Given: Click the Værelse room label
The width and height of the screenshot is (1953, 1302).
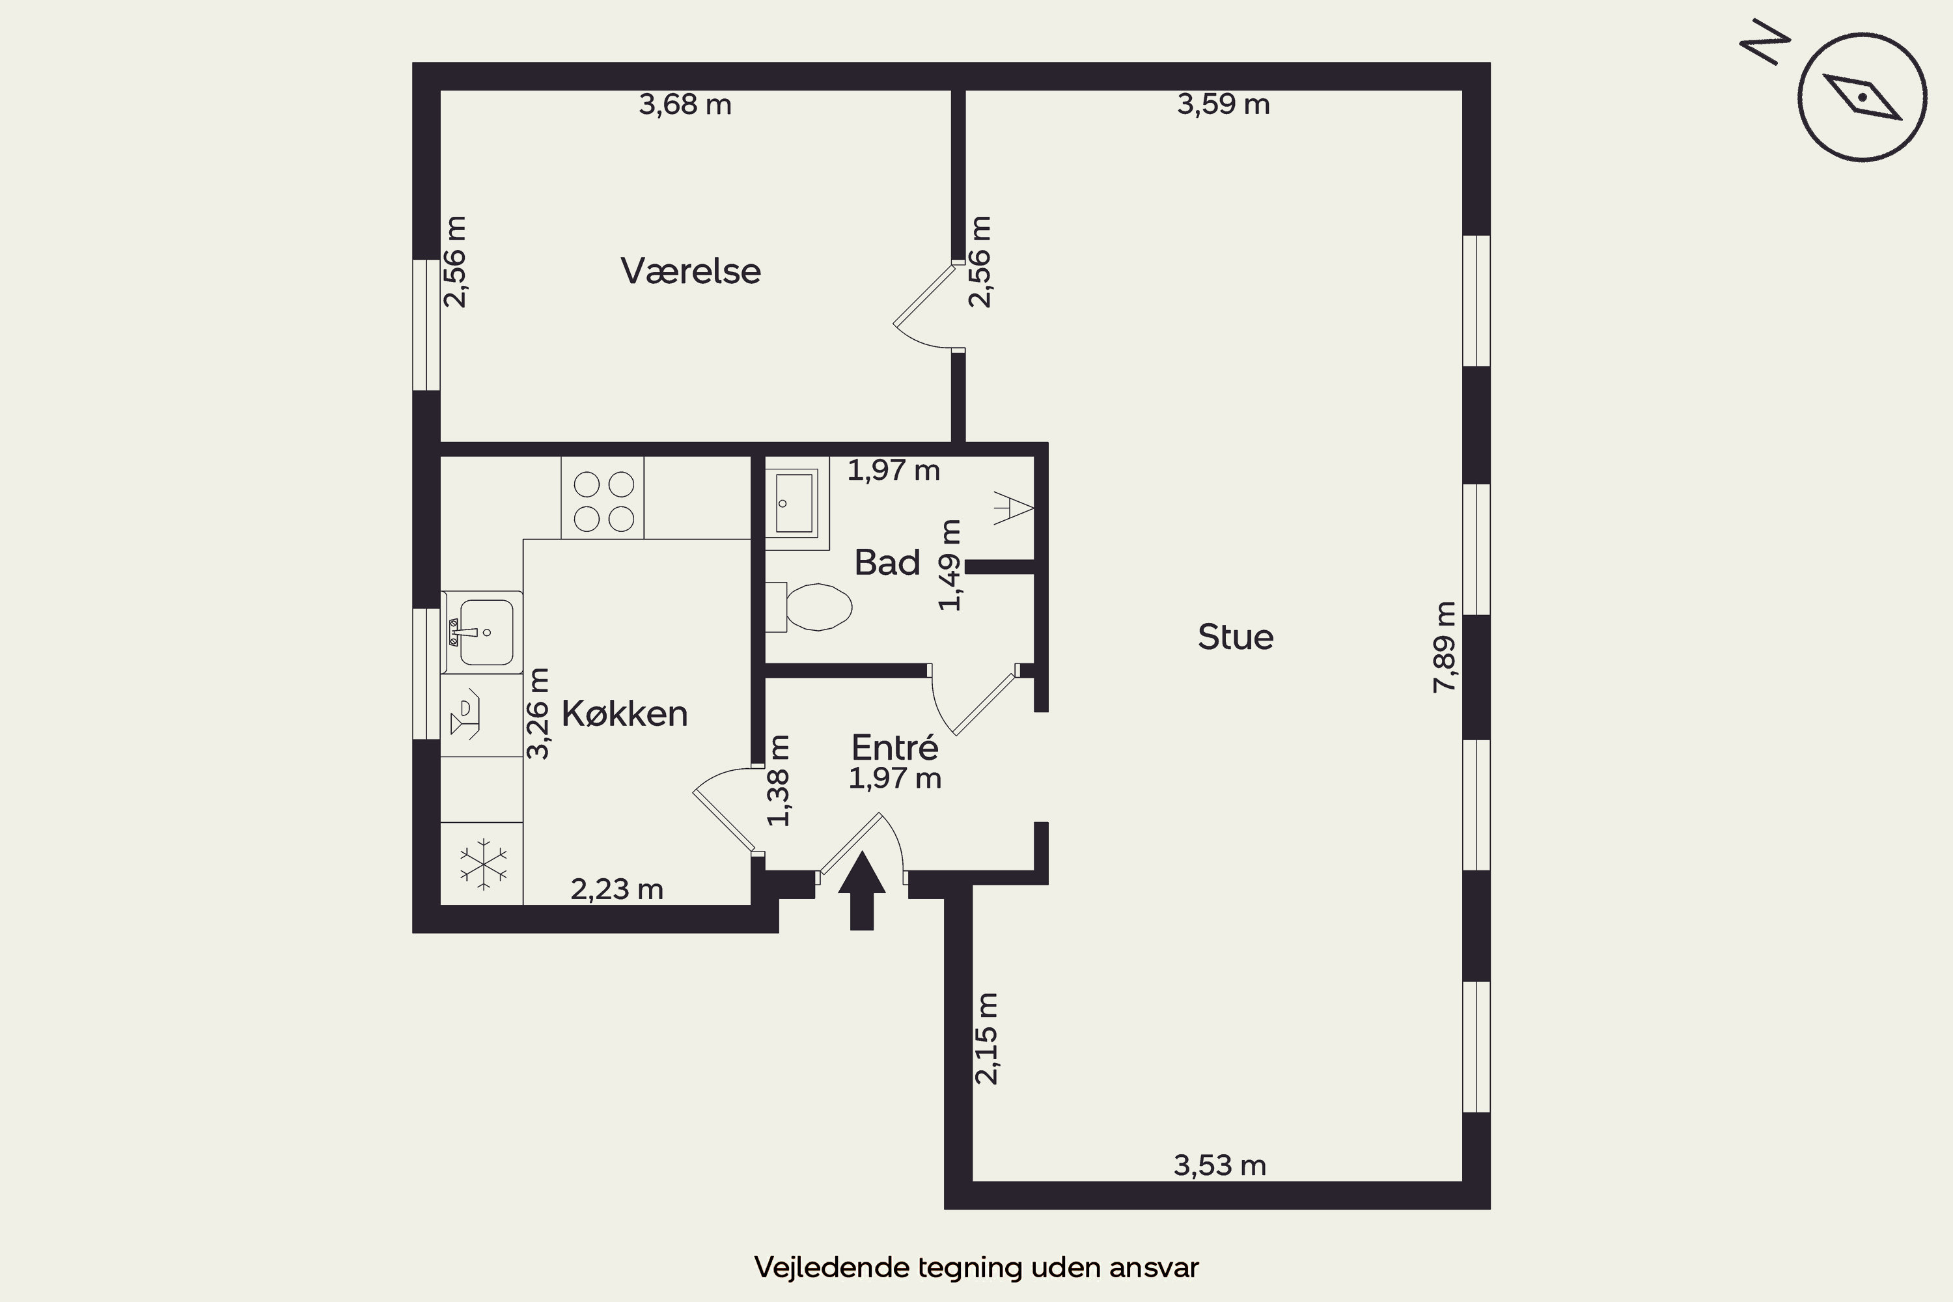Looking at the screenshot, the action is coord(691,271).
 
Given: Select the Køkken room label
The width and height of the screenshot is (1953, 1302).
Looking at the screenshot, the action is coord(624,714).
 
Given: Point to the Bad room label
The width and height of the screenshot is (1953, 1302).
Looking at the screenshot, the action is coord(888,563).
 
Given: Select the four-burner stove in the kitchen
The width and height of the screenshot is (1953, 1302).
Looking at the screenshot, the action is coord(603,497).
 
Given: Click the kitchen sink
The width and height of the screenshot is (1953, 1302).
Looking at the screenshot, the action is coord(482,632).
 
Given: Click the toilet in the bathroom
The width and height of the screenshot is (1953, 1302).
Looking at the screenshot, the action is coord(810,607).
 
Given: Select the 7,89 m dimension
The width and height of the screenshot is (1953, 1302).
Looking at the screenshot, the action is coord(1445,647).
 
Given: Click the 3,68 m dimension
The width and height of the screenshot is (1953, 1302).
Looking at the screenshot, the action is coord(685,105).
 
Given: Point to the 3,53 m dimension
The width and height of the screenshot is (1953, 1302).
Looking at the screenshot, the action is coord(1220,1166).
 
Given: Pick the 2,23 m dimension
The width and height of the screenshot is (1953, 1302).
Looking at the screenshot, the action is coord(617,890).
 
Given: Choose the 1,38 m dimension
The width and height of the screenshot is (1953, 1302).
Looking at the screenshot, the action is coord(779,781).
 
